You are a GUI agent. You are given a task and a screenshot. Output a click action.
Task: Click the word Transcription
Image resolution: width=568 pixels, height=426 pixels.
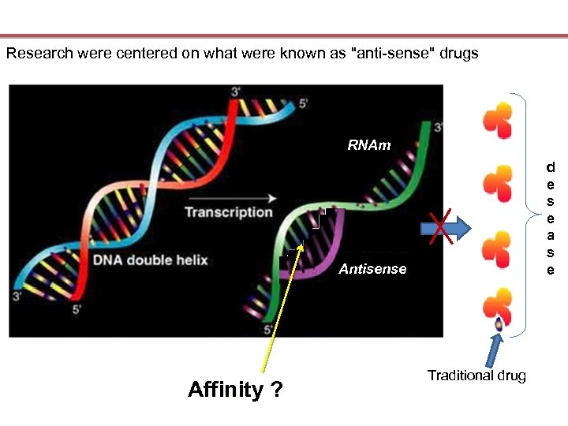pos(228,212)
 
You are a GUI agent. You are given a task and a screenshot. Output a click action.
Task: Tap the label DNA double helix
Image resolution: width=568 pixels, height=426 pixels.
pos(150,260)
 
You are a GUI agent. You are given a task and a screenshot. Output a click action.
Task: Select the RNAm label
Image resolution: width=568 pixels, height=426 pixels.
pos(369,145)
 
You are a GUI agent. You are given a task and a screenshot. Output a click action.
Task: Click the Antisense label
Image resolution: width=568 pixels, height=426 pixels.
pos(372,270)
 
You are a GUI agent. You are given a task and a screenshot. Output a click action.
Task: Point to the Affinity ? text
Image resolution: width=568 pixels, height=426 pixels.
pos(235,390)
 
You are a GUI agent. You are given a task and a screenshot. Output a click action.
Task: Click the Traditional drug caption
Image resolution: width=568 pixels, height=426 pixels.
pos(476,376)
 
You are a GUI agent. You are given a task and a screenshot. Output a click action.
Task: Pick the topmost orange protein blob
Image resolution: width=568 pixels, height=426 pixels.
pos(498,121)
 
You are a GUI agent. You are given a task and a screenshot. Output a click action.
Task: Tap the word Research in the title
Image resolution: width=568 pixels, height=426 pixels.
pos(36,54)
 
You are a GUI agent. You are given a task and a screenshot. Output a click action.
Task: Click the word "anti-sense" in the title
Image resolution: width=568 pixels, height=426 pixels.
pos(387,54)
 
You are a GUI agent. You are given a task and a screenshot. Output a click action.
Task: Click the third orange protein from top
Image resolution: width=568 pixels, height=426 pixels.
pos(498,248)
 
